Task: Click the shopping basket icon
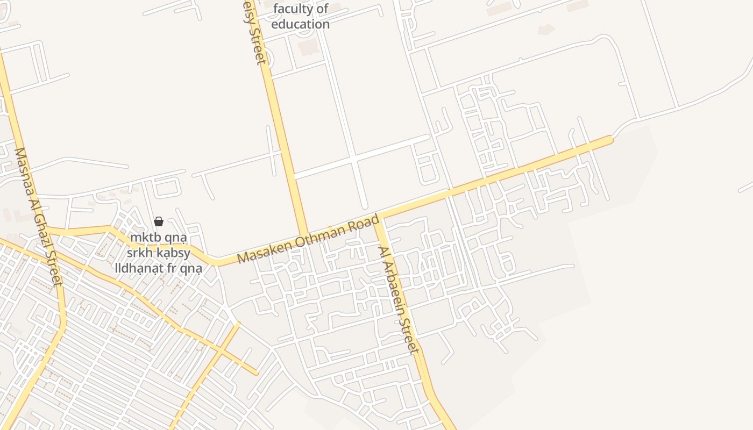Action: pyautogui.click(x=159, y=221)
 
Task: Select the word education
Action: pyautogui.click(x=300, y=24)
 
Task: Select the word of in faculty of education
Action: pyautogui.click(x=322, y=9)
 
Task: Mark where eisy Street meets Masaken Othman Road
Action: pyautogui.click(x=304, y=234)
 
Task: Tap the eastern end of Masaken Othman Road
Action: pyautogui.click(x=610, y=140)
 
